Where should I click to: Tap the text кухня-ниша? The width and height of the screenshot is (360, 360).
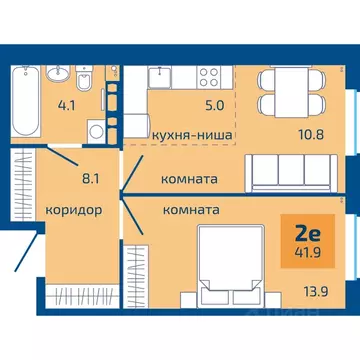[x=193, y=133]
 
